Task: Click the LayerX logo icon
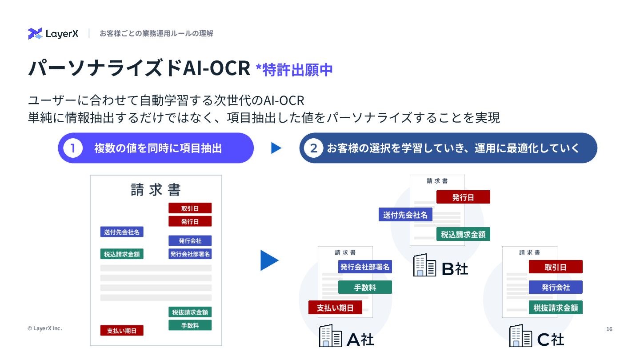coord(35,34)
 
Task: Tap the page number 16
coord(609,329)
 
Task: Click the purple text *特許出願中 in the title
coord(294,70)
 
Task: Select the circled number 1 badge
coord(73,148)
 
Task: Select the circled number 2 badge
coord(313,148)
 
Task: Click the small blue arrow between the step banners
coord(276,148)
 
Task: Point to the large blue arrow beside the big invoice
coord(269,260)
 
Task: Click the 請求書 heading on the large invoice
coord(156,190)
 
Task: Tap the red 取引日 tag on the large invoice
coord(190,208)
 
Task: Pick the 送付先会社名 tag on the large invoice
coord(122,232)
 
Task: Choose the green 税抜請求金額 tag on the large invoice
coord(190,312)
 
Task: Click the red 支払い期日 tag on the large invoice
coord(122,330)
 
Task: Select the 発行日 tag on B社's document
coord(463,197)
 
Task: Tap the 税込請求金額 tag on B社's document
coord(463,234)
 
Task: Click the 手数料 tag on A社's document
coord(365,287)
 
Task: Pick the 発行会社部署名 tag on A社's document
coord(365,267)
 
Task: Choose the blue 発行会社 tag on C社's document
coord(556,287)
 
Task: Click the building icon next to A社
coord(331,336)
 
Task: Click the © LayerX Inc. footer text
coord(44,328)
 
